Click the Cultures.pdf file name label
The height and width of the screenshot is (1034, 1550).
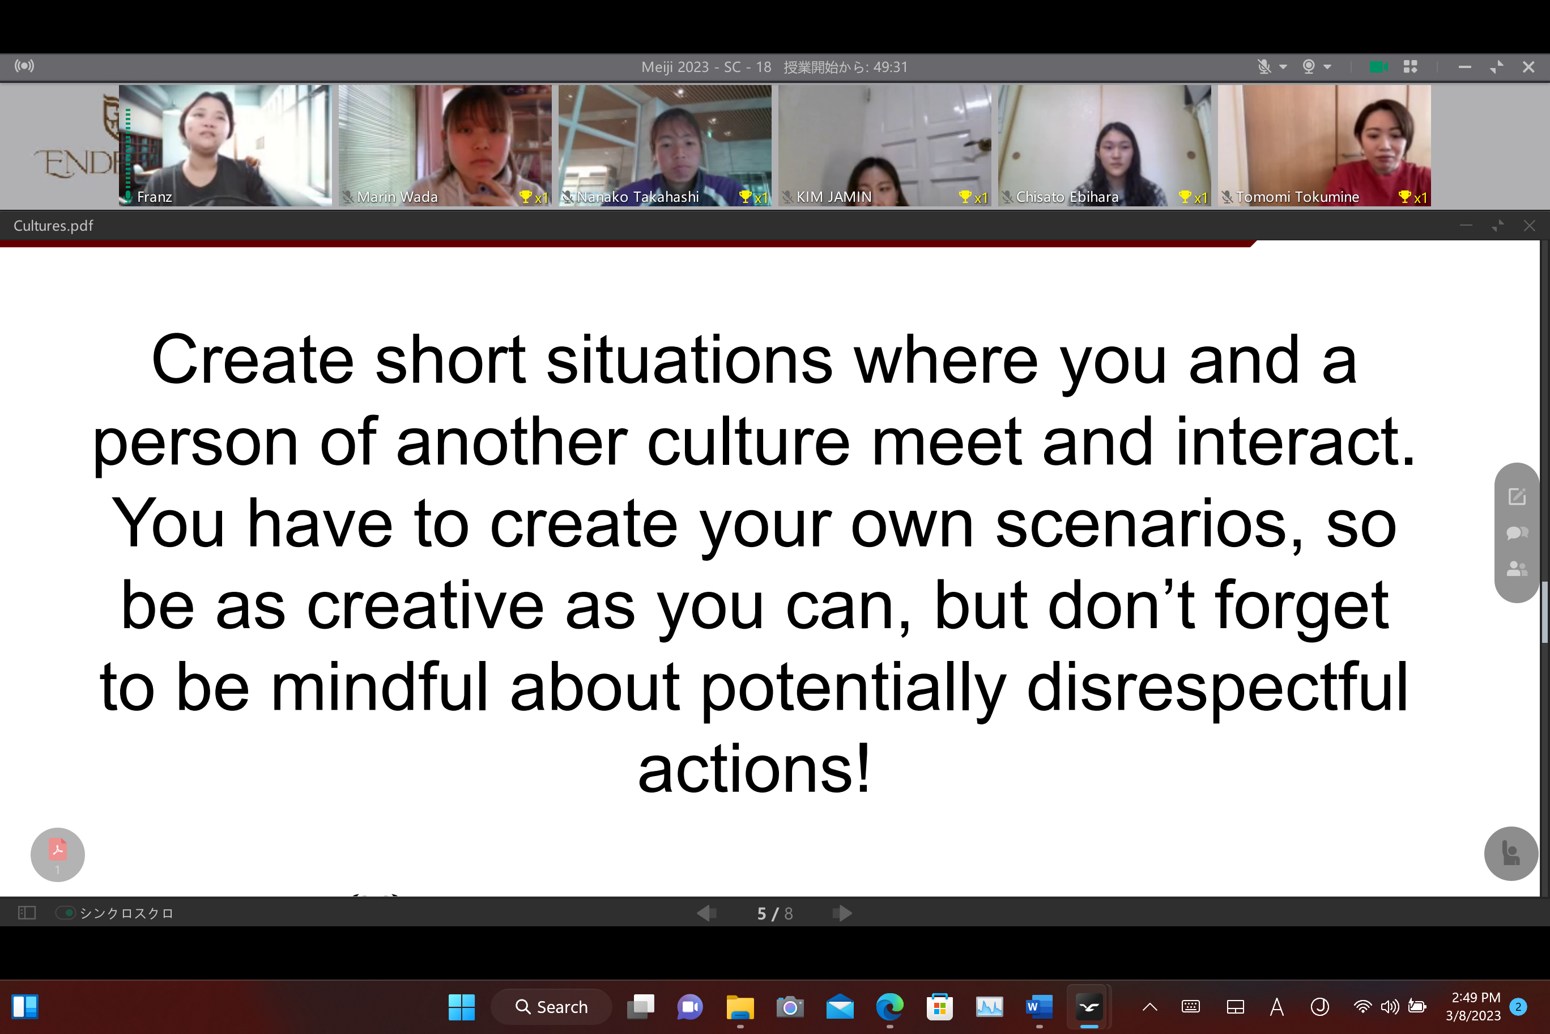pyautogui.click(x=53, y=226)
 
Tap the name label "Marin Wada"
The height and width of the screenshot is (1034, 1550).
pyautogui.click(x=397, y=197)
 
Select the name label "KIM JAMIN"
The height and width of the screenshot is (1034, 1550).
pyautogui.click(x=834, y=197)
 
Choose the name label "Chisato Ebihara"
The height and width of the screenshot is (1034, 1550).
pyautogui.click(x=1067, y=197)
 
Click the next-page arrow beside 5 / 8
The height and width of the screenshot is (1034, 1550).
pyautogui.click(x=842, y=913)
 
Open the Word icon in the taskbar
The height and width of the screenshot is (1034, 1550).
pyautogui.click(x=1039, y=1007)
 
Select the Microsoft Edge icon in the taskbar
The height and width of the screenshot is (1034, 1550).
pyautogui.click(x=889, y=1007)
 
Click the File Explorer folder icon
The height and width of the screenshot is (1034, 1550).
pyautogui.click(x=740, y=1007)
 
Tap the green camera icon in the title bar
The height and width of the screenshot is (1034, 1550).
pyautogui.click(x=1379, y=66)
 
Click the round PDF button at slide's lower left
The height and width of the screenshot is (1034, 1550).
pyautogui.click(x=57, y=855)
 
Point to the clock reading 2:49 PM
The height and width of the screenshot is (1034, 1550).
pyautogui.click(x=1476, y=997)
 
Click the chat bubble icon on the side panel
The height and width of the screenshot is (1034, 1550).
pyautogui.click(x=1517, y=532)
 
